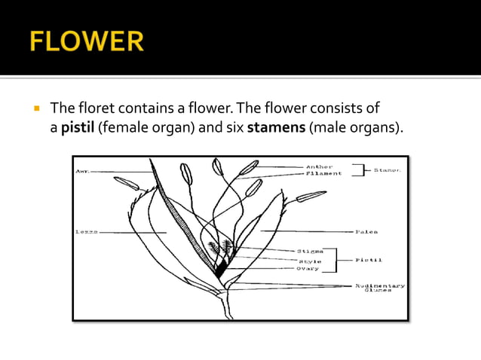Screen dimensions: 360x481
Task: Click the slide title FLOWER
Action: pyautogui.click(x=87, y=41)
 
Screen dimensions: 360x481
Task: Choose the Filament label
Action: pyautogui.click(x=324, y=173)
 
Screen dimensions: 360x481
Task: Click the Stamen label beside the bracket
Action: pyautogui.click(x=388, y=170)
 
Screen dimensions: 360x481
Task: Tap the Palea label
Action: pyautogui.click(x=367, y=231)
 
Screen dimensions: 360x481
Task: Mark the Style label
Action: pyautogui.click(x=309, y=261)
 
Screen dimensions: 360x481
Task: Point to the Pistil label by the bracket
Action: pyautogui.click(x=369, y=259)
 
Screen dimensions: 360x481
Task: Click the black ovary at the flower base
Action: pyautogui.click(x=221, y=267)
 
